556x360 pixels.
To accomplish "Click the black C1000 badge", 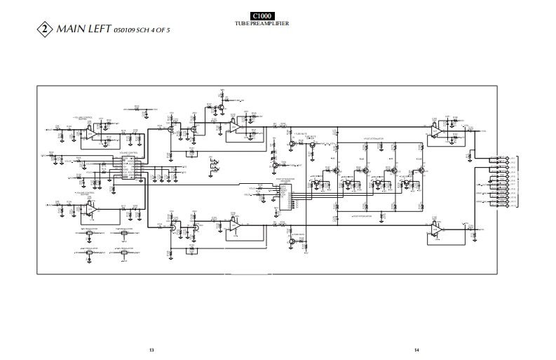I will point(263,15).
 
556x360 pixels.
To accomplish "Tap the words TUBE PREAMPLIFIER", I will point(263,24).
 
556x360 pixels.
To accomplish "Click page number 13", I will point(151,349).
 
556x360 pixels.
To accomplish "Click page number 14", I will point(416,349).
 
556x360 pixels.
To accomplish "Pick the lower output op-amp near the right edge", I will point(436,229).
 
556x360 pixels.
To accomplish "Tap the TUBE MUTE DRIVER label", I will point(310,137).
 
